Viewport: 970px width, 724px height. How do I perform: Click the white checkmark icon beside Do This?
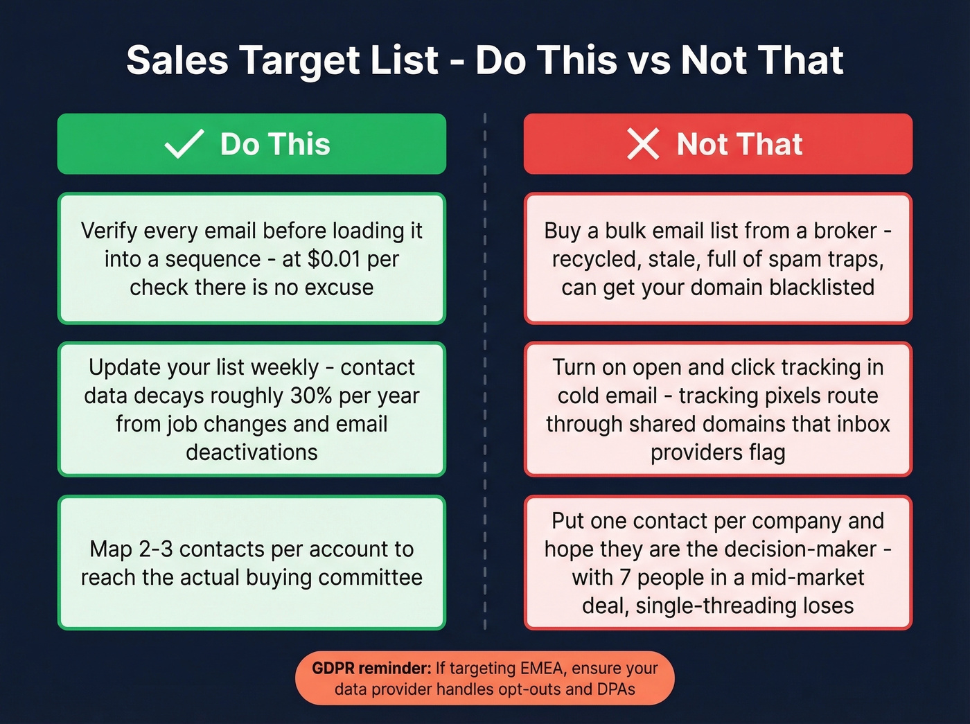(x=184, y=144)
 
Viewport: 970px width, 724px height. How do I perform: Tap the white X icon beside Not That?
(x=643, y=144)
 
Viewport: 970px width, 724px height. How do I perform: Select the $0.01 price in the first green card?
(x=334, y=259)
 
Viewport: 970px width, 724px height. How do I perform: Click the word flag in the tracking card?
(x=767, y=452)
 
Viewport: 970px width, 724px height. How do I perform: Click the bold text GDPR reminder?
(x=371, y=669)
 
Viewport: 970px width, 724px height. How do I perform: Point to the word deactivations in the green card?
(x=252, y=452)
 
